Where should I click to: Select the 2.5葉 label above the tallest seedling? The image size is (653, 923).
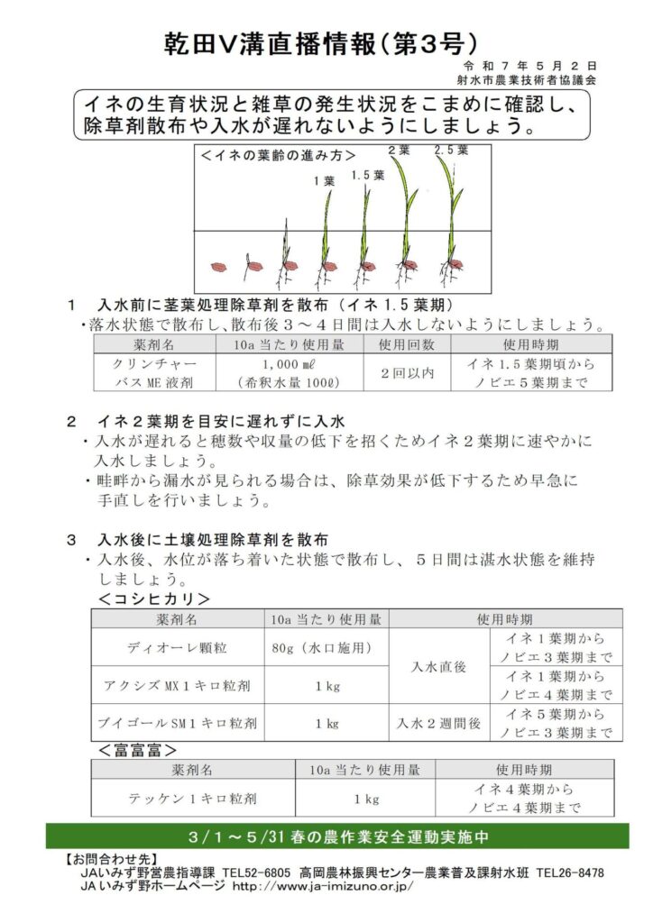pyautogui.click(x=451, y=151)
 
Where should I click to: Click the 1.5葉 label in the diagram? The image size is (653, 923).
pyautogui.click(x=367, y=175)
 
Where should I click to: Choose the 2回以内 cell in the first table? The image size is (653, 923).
pyautogui.click(x=408, y=372)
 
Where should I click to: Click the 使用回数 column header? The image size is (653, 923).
pyautogui.click(x=408, y=344)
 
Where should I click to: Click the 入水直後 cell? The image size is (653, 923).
pyautogui.click(x=438, y=666)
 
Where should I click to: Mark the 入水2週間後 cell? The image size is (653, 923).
pyautogui.click(x=438, y=722)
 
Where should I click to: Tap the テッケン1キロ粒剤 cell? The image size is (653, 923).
pyautogui.click(x=193, y=799)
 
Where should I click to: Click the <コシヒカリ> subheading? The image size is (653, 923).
pyautogui.click(x=154, y=599)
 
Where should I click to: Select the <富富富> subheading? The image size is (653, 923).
pyautogui.click(x=136, y=749)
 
